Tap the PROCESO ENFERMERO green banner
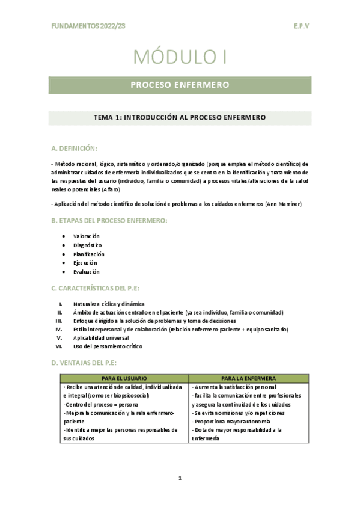pyautogui.click(x=180, y=85)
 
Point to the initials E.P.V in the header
pyautogui.click(x=301, y=26)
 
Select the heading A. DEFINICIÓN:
pyautogui.click(x=75, y=148)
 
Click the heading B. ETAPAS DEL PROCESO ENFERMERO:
pyautogui.click(x=109, y=221)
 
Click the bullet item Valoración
pyautogui.click(x=86, y=236)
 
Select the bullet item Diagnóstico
pyautogui.click(x=88, y=245)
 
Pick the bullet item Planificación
pyautogui.click(x=89, y=254)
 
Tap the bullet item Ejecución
pyautogui.click(x=85, y=263)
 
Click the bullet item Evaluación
pyautogui.click(x=87, y=272)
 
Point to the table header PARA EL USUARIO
pyautogui.click(x=124, y=378)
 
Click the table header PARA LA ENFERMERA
pyautogui.click(x=248, y=378)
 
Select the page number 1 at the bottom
pyautogui.click(x=180, y=478)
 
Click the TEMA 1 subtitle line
pyautogui.click(x=180, y=118)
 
